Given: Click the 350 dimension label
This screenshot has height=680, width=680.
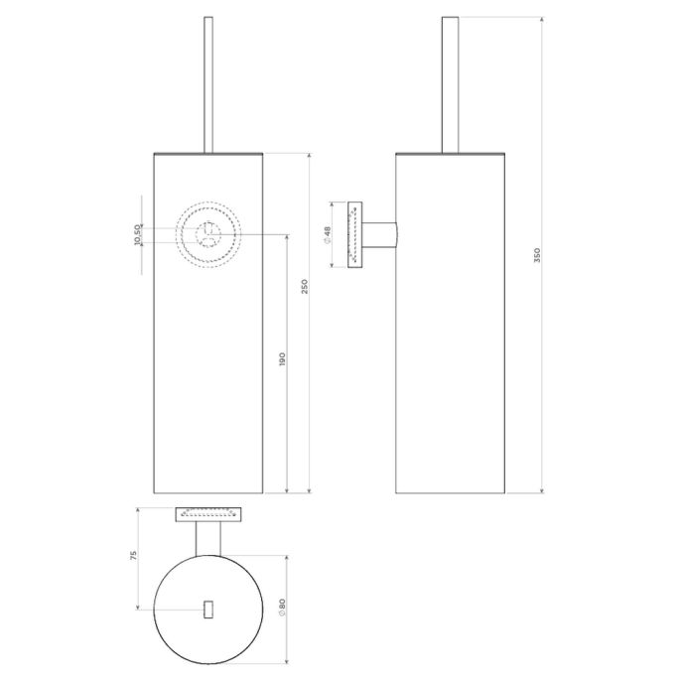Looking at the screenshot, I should point(537,254).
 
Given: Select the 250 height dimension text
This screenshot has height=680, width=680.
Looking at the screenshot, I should point(306,286).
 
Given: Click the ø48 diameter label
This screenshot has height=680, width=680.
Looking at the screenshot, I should point(327,234).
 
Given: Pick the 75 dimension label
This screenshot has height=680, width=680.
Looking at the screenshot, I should point(133,556).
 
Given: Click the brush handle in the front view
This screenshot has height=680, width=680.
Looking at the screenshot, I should point(208,84).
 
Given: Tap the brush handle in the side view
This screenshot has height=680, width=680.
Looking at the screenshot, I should point(450,84).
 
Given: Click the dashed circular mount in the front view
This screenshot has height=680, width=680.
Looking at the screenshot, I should point(208,234).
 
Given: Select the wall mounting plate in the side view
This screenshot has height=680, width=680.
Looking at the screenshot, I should point(353,234).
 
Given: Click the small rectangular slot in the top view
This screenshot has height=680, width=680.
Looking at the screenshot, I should point(208,609).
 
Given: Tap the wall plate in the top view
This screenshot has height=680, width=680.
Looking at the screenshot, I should point(208,513).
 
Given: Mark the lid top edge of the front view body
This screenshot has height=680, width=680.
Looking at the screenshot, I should point(208,154).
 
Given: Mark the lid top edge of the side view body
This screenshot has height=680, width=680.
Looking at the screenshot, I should point(450,154).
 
